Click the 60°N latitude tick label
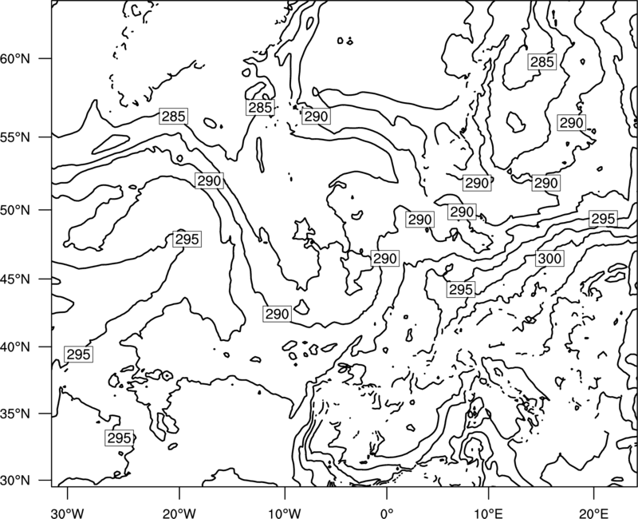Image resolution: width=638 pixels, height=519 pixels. coord(15,58)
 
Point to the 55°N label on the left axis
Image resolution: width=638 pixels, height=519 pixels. coord(15,137)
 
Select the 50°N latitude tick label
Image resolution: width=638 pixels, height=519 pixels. coord(15,210)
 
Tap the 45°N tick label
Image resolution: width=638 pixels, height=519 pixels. coord(15,279)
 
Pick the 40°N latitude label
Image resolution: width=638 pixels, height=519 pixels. coord(15,347)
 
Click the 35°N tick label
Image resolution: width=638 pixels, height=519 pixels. coord(15,414)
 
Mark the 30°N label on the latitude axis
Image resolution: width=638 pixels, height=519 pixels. coord(15,481)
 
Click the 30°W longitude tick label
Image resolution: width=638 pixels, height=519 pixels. coord(68,513)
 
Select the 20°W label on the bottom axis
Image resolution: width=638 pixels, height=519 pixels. coord(179,513)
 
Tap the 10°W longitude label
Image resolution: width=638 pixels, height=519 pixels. coord(285,513)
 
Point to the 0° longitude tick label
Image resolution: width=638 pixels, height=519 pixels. coord(387,513)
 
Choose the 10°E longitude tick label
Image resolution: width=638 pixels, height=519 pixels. coord(488,513)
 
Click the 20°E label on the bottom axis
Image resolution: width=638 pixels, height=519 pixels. coord(594,513)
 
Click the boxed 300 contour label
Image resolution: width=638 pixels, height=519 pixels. coord(549,258)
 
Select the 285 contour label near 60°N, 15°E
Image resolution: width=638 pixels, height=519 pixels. coord(542,62)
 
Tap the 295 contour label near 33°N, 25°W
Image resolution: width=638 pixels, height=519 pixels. coord(119,438)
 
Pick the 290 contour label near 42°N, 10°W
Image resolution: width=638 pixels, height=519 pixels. coord(277,314)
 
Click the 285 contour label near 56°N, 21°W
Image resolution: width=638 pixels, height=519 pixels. coord(174,117)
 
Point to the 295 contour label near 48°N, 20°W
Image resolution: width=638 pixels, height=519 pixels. coord(187,239)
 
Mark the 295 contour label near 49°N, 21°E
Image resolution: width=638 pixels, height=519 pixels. coord(603,219)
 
